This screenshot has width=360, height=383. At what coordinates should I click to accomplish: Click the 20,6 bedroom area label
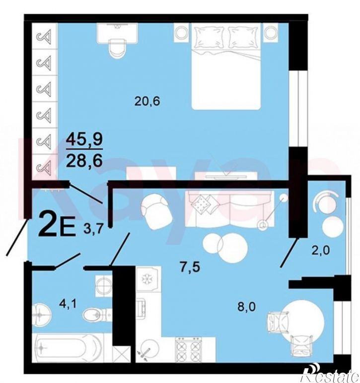147,101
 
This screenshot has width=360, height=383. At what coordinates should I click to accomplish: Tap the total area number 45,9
84,139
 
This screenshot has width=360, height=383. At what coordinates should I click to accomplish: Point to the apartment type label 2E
57,224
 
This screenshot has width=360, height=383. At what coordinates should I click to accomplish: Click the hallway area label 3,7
93,230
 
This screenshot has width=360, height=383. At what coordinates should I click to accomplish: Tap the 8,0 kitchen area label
247,307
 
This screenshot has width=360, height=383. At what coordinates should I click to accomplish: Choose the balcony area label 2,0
321,251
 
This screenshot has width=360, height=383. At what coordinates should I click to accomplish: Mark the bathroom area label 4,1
68,304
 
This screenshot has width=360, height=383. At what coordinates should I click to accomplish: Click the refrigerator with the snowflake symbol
148,279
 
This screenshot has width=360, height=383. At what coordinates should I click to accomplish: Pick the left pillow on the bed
210,37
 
